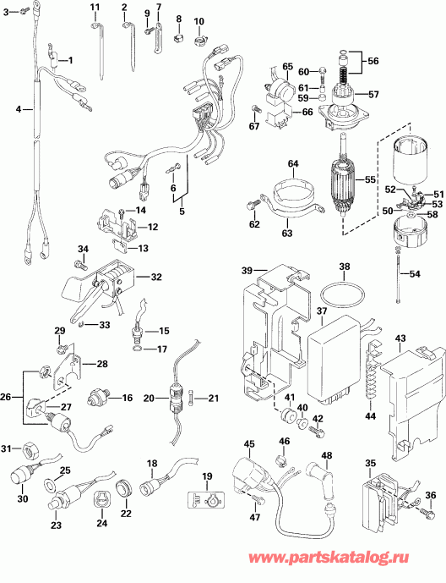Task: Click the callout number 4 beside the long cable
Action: point(18,109)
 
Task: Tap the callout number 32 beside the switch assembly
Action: point(156,277)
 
